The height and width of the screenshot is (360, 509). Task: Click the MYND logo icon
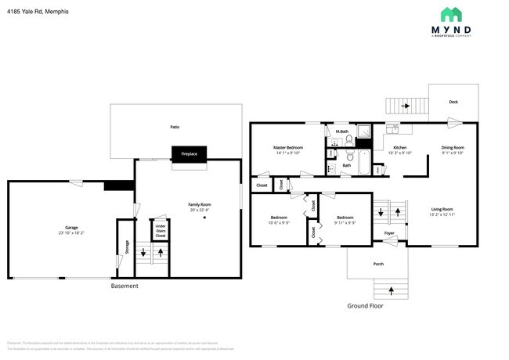[x=450, y=14]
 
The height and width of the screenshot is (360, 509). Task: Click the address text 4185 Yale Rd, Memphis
[x=38, y=12]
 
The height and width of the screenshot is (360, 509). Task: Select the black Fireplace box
[x=189, y=154]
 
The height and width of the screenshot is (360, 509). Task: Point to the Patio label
[x=175, y=126]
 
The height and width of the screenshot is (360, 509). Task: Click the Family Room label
[x=200, y=204]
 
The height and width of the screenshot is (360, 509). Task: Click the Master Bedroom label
[x=288, y=147]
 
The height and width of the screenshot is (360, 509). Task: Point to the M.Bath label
[x=341, y=131]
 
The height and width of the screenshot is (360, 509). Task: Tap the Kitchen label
[x=399, y=147]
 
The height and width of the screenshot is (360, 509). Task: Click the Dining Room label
[x=453, y=147]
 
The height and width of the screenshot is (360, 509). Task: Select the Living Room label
[x=442, y=209]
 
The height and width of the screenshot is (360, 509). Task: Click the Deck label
[x=453, y=102]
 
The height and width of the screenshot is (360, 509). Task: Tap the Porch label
[x=377, y=264]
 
